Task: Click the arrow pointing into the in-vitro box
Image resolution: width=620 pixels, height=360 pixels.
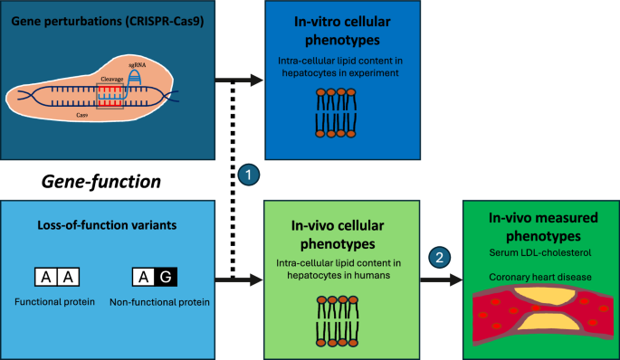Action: click(239, 81)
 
